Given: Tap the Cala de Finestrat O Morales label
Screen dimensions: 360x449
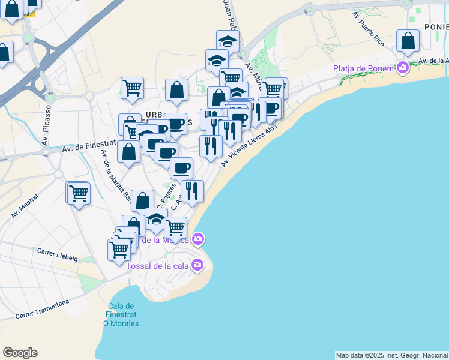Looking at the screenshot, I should (x=121, y=314).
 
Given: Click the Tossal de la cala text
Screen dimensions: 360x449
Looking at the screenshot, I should (x=158, y=265).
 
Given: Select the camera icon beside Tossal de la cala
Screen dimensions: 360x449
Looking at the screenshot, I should (x=198, y=265).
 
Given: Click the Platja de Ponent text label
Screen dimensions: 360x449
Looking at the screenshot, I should (x=363, y=68).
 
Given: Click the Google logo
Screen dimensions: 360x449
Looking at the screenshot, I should (x=20, y=353).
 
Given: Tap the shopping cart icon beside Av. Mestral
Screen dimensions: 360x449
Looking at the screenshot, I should (x=78, y=193).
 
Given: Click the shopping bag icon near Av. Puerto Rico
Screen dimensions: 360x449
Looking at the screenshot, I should (x=408, y=41).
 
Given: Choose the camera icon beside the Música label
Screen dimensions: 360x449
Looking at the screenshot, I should (x=198, y=240).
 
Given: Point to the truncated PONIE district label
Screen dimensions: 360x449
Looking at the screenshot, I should (x=436, y=27).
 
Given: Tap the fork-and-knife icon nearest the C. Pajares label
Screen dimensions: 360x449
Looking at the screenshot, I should (x=192, y=191).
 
